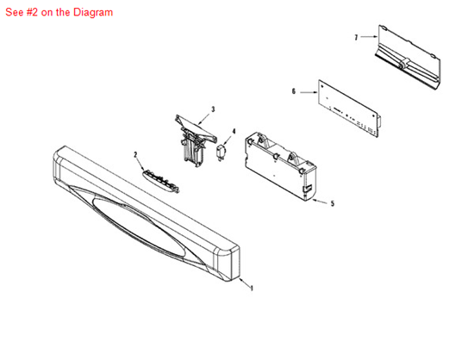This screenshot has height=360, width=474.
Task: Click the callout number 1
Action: (252, 289)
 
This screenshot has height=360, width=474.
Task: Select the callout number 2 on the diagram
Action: (135, 155)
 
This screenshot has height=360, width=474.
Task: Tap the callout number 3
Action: (213, 109)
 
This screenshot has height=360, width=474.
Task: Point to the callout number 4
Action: (234, 132)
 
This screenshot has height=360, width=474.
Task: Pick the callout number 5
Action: (333, 203)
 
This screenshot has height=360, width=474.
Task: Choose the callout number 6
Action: (294, 91)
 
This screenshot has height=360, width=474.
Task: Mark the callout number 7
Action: (356, 37)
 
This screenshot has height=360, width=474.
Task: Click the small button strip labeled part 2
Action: (160, 181)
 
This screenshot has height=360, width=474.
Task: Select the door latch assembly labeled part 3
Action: (196, 140)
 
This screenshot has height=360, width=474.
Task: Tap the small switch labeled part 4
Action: (221, 152)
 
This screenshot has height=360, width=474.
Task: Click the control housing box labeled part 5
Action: (281, 165)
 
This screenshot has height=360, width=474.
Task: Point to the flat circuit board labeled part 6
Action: (349, 109)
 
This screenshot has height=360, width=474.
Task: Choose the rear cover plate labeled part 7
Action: (409, 57)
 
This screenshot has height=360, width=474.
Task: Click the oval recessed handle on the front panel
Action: (140, 227)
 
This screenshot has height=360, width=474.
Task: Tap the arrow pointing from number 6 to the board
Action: (309, 92)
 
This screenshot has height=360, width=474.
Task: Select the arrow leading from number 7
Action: (369, 37)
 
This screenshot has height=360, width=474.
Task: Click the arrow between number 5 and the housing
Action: (320, 202)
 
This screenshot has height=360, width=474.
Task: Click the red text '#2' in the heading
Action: (32, 12)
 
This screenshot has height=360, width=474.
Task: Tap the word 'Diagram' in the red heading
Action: (93, 12)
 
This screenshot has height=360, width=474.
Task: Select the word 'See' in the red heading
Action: (15, 12)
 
